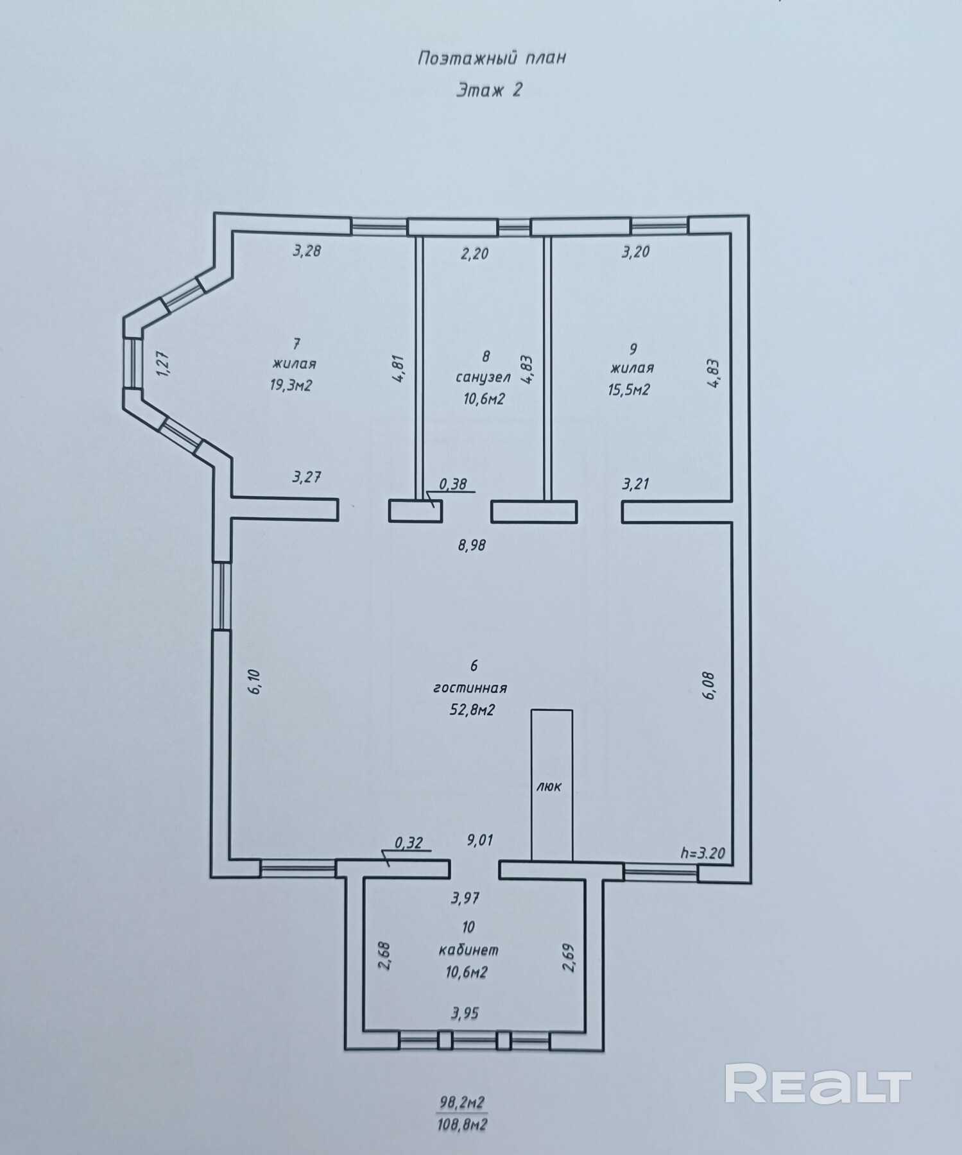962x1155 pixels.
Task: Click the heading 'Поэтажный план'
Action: (492, 58)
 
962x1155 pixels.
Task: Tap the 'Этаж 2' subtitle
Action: (489, 90)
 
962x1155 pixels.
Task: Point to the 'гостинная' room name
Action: (470, 689)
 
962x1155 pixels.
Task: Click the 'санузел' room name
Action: (483, 377)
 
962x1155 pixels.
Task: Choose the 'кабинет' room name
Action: (468, 950)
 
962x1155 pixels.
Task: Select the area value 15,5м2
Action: (629, 389)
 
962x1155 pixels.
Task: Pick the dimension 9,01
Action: (481, 840)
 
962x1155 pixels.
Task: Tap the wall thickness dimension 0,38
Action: (452, 484)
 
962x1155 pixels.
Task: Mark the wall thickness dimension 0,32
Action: (409, 843)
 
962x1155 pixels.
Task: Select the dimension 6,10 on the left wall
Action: (254, 681)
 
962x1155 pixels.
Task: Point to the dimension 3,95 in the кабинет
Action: (465, 1013)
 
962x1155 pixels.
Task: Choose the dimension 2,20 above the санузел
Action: (474, 253)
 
